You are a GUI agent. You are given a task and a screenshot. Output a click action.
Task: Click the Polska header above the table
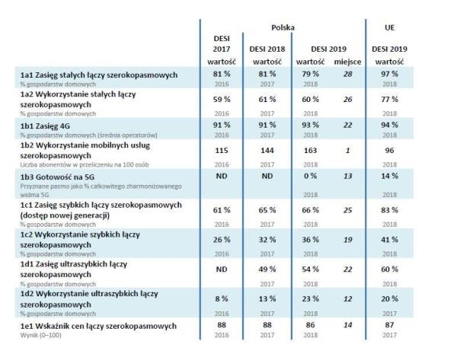point(283,26)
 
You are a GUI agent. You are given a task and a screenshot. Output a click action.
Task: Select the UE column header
point(389,26)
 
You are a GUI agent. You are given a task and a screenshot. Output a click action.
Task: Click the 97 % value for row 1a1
point(388,75)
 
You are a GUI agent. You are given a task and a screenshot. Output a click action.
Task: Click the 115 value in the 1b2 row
point(219,151)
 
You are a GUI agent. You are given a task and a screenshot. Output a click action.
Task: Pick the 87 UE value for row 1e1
point(388,324)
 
